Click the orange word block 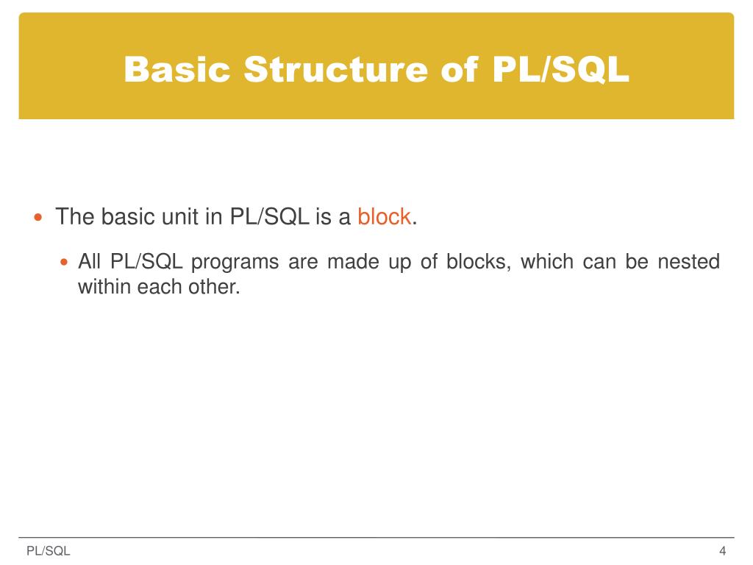(384, 217)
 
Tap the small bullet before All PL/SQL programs (63, 262)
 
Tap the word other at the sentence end (218, 286)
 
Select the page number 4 (723, 551)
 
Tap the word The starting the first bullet (75, 217)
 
